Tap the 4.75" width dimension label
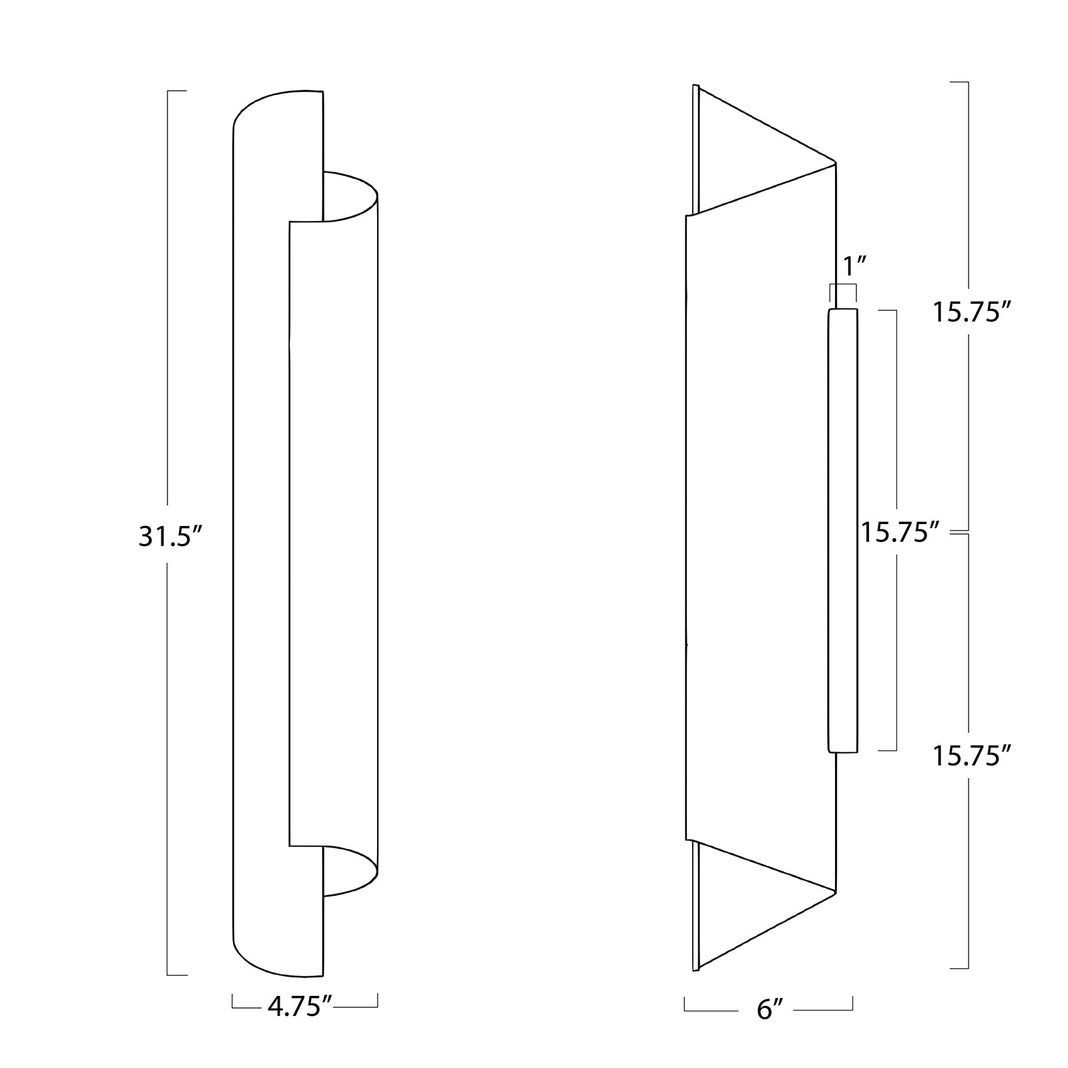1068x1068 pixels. pyautogui.click(x=300, y=1007)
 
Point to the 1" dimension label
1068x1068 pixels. pyautogui.click(x=854, y=266)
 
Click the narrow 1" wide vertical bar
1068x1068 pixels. pyautogui.click(x=843, y=531)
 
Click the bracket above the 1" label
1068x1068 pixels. pyautogui.click(x=843, y=286)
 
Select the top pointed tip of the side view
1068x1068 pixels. pyautogui.click(x=835, y=161)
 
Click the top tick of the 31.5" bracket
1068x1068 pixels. pyautogui.click(x=176, y=91)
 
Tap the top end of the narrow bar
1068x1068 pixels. pyautogui.click(x=843, y=311)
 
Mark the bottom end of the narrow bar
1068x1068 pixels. pyautogui.click(x=843, y=751)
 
